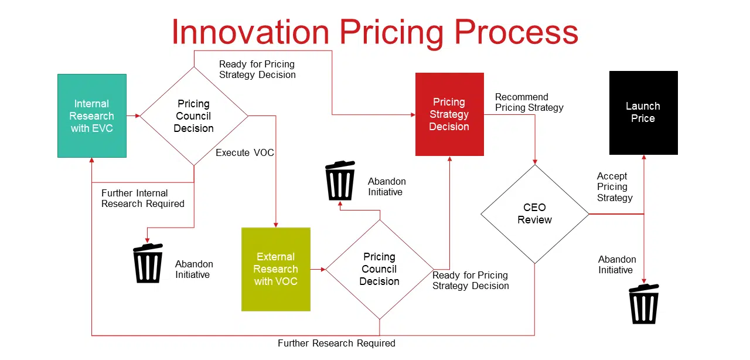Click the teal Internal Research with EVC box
pyautogui.click(x=92, y=116)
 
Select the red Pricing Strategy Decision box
pyautogui.click(x=449, y=114)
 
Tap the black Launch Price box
pyautogui.click(x=643, y=113)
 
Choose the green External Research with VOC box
pyautogui.click(x=276, y=269)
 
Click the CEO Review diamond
pyautogui.click(x=535, y=214)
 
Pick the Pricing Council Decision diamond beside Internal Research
pyautogui.click(x=194, y=116)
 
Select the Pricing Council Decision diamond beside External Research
pyautogui.click(x=380, y=269)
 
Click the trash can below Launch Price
pyautogui.click(x=644, y=304)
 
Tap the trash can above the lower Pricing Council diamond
pyautogui.click(x=340, y=181)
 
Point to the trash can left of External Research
pyautogui.click(x=148, y=263)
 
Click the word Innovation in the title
pyautogui.click(x=250, y=32)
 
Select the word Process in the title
pyautogui.click(x=516, y=32)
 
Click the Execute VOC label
pyautogui.click(x=245, y=152)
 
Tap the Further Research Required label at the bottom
pyautogui.click(x=336, y=343)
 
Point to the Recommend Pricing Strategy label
pyautogui.click(x=529, y=102)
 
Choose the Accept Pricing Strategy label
pyautogui.click(x=615, y=186)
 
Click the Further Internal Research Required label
pyautogui.click(x=142, y=198)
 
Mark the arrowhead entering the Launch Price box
pyautogui.click(x=643, y=157)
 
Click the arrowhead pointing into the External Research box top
pyautogui.click(x=276, y=225)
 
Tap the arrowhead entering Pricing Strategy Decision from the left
pyautogui.click(x=413, y=115)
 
